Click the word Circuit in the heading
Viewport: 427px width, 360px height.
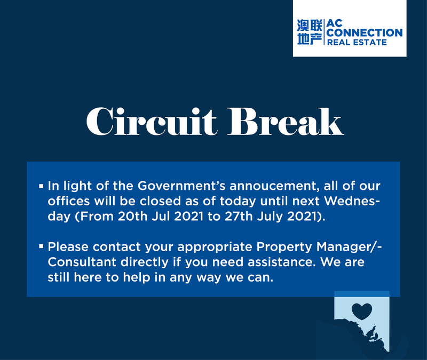click(x=152, y=122)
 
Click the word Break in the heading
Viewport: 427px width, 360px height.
click(x=286, y=122)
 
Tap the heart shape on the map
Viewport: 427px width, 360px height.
click(x=362, y=311)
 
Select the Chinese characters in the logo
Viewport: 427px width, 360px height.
click(x=310, y=32)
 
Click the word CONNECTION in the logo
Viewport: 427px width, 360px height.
click(x=365, y=33)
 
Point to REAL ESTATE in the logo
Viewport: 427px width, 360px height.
click(x=357, y=42)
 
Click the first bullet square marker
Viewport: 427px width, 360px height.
click(x=41, y=186)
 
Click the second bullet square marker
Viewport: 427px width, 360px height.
click(x=41, y=246)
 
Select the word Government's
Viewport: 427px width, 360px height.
click(x=181, y=186)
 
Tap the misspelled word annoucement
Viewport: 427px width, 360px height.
click(x=274, y=186)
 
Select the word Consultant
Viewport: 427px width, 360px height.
click(x=82, y=262)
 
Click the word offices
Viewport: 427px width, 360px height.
click(x=69, y=201)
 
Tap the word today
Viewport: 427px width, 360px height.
click(x=238, y=202)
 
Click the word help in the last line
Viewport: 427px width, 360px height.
click(x=135, y=277)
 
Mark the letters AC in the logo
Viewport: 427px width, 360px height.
click(x=335, y=23)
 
